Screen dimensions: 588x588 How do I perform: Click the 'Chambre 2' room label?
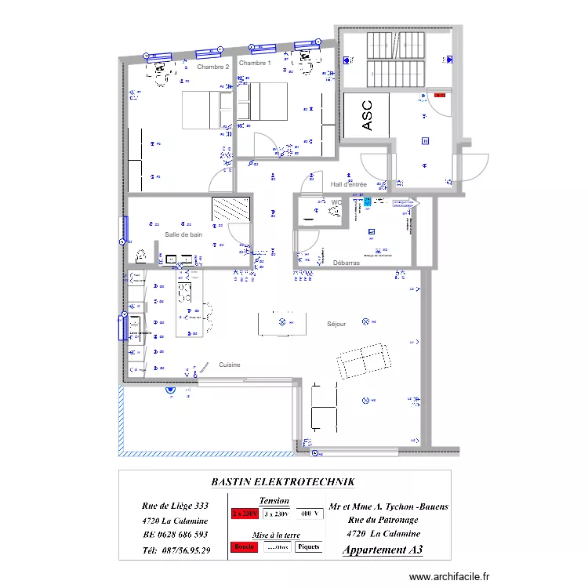(x=213, y=67)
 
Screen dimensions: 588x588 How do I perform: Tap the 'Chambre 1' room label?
(x=255, y=63)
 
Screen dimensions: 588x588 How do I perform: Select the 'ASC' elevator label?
(x=367, y=114)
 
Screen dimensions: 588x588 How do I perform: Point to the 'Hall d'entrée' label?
(x=349, y=184)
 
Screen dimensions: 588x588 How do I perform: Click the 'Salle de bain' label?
(x=183, y=234)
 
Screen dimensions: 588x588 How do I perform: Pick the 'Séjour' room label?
(x=336, y=324)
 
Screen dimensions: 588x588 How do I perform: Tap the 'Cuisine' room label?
(x=230, y=365)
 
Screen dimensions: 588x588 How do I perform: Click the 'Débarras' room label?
(x=346, y=263)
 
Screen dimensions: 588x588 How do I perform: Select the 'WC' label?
(x=336, y=202)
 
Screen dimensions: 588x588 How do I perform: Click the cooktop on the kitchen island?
(x=185, y=292)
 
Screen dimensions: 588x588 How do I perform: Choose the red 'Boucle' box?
(x=245, y=546)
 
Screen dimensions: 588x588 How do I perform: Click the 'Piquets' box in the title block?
(x=308, y=546)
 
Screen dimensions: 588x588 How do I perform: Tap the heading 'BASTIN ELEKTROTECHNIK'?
(x=283, y=482)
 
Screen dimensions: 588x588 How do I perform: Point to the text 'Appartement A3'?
(x=382, y=550)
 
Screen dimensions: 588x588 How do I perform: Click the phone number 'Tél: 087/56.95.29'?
(x=176, y=550)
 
